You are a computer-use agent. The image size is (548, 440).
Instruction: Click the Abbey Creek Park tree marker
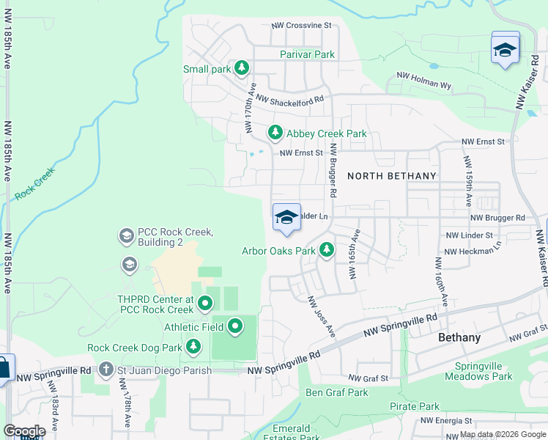[x=275, y=133]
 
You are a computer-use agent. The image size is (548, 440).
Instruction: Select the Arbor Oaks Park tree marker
[x=326, y=250]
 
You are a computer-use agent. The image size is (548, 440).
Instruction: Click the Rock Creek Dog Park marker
[x=193, y=346]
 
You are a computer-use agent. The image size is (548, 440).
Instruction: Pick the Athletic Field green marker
[x=235, y=326]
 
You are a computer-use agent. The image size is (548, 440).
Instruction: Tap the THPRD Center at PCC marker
[x=205, y=301]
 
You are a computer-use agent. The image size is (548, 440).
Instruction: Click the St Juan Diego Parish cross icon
[x=106, y=370]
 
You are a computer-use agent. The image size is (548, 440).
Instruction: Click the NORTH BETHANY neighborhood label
[x=391, y=176]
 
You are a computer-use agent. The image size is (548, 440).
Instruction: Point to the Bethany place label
[x=459, y=338]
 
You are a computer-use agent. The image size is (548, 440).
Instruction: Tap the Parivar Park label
[x=307, y=54]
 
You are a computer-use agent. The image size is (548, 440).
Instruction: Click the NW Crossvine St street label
[x=302, y=26]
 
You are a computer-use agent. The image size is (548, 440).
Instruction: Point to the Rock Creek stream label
[x=34, y=191]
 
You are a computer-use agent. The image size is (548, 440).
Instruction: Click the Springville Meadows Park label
[x=483, y=371]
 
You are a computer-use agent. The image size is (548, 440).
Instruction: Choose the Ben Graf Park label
[x=336, y=392]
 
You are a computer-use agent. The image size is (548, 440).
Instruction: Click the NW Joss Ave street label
[x=320, y=317]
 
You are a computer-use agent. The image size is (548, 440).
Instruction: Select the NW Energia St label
[x=445, y=421]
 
